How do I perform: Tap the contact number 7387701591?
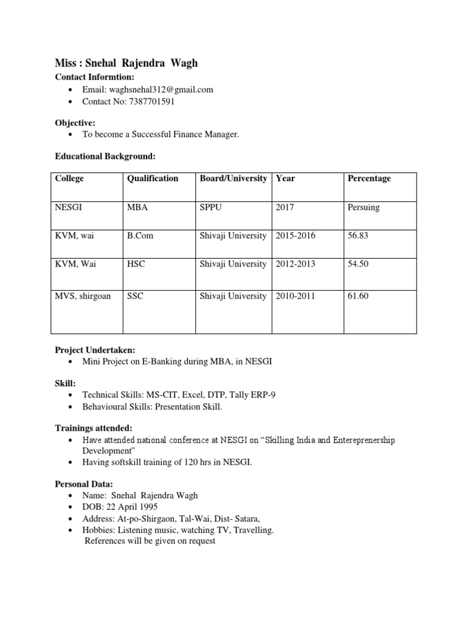pyautogui.click(x=151, y=102)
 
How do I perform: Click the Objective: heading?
pyautogui.click(x=75, y=123)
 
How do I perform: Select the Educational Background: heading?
pyautogui.click(x=105, y=156)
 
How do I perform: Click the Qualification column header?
pyautogui.click(x=153, y=178)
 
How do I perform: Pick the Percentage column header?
pyautogui.click(x=369, y=178)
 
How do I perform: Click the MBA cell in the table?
pyautogui.click(x=137, y=207)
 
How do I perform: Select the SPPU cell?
pyautogui.click(x=210, y=207)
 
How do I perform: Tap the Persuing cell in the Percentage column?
pyautogui.click(x=364, y=207)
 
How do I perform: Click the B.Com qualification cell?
pyautogui.click(x=140, y=236)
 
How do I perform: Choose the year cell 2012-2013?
pyautogui.click(x=296, y=264)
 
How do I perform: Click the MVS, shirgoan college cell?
pyautogui.click(x=83, y=296)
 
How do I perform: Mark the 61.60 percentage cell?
pyautogui.click(x=358, y=296)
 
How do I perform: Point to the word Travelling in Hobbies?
pyautogui.click(x=253, y=530)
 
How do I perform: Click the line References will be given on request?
pyautogui.click(x=150, y=541)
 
